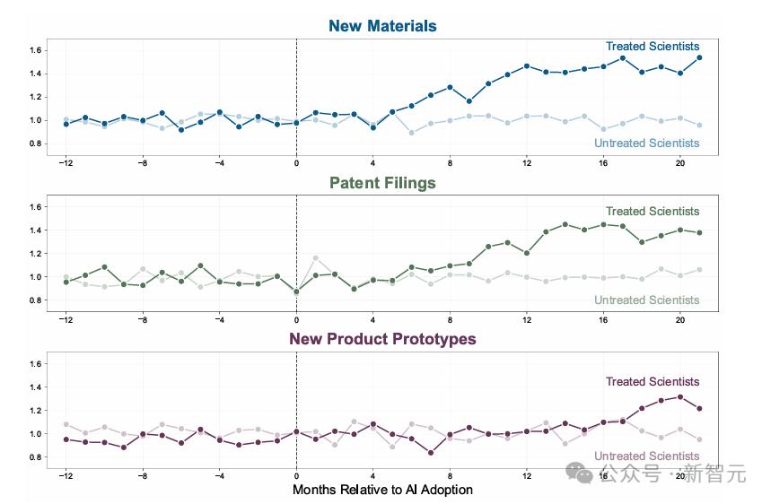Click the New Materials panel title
point(382,26)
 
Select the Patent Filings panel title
point(382,183)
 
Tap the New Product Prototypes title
point(382,340)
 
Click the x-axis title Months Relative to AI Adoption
point(382,490)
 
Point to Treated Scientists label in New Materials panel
point(653,47)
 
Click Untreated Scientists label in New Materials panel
point(646,143)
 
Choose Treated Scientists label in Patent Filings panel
point(653,212)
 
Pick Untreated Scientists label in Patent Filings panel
point(646,300)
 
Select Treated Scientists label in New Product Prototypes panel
point(653,382)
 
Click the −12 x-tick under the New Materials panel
point(66,163)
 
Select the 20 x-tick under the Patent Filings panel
point(679,320)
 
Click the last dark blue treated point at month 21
point(699,57)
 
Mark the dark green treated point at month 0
point(296,291)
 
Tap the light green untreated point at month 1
point(315,258)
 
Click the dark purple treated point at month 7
point(431,453)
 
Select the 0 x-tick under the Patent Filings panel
point(296,320)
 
